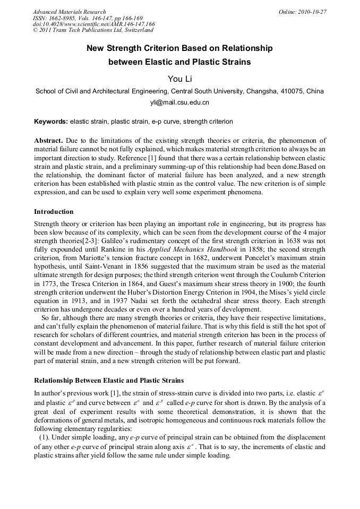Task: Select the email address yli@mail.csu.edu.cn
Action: (180, 102)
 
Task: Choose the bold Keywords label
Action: (51, 122)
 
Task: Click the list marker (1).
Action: (45, 437)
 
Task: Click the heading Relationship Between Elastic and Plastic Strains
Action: (109, 381)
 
